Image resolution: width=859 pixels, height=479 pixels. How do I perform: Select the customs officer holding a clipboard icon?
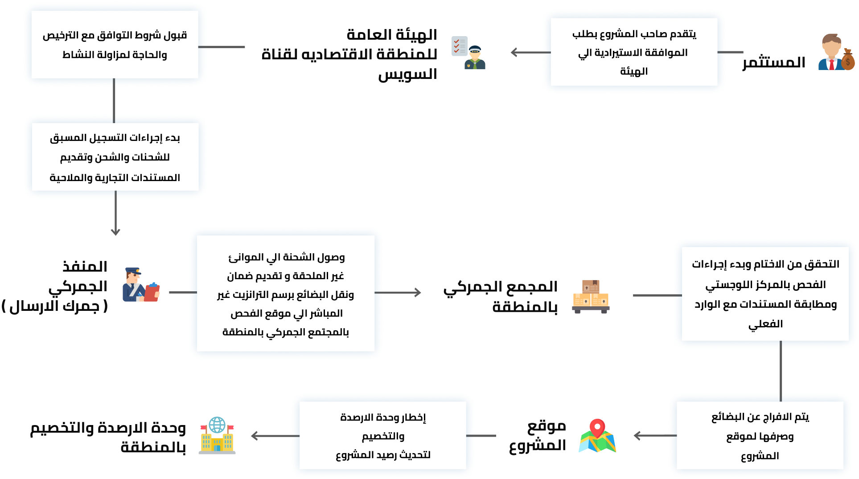(140, 285)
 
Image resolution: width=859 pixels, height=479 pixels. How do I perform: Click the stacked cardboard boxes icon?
(591, 296)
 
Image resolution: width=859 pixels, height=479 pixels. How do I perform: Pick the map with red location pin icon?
(597, 436)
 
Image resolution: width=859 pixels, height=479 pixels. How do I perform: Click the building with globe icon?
(217, 436)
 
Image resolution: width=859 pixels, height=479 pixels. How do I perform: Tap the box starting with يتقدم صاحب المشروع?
(634, 52)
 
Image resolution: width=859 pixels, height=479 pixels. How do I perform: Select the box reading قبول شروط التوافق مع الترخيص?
(115, 45)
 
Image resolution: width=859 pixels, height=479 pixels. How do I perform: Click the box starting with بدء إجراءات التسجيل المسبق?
(115, 157)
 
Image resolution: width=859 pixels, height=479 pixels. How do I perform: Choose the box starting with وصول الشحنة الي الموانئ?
(286, 294)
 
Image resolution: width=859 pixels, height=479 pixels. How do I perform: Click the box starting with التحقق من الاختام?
(765, 294)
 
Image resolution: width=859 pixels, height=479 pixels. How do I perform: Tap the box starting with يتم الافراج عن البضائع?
(760, 436)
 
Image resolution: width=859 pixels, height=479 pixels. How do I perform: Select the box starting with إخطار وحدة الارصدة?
(383, 436)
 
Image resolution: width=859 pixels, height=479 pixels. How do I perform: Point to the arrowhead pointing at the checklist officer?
(514, 52)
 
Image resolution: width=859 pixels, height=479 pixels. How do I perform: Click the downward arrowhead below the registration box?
(115, 232)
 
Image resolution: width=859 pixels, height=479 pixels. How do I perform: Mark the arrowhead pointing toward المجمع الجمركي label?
(418, 293)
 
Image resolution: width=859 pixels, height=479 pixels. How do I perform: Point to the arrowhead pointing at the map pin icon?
(637, 435)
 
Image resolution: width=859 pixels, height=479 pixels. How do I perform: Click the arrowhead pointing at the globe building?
(254, 436)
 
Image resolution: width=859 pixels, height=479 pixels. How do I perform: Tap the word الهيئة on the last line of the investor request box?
(633, 71)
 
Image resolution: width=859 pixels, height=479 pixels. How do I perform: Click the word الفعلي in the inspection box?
(765, 324)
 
